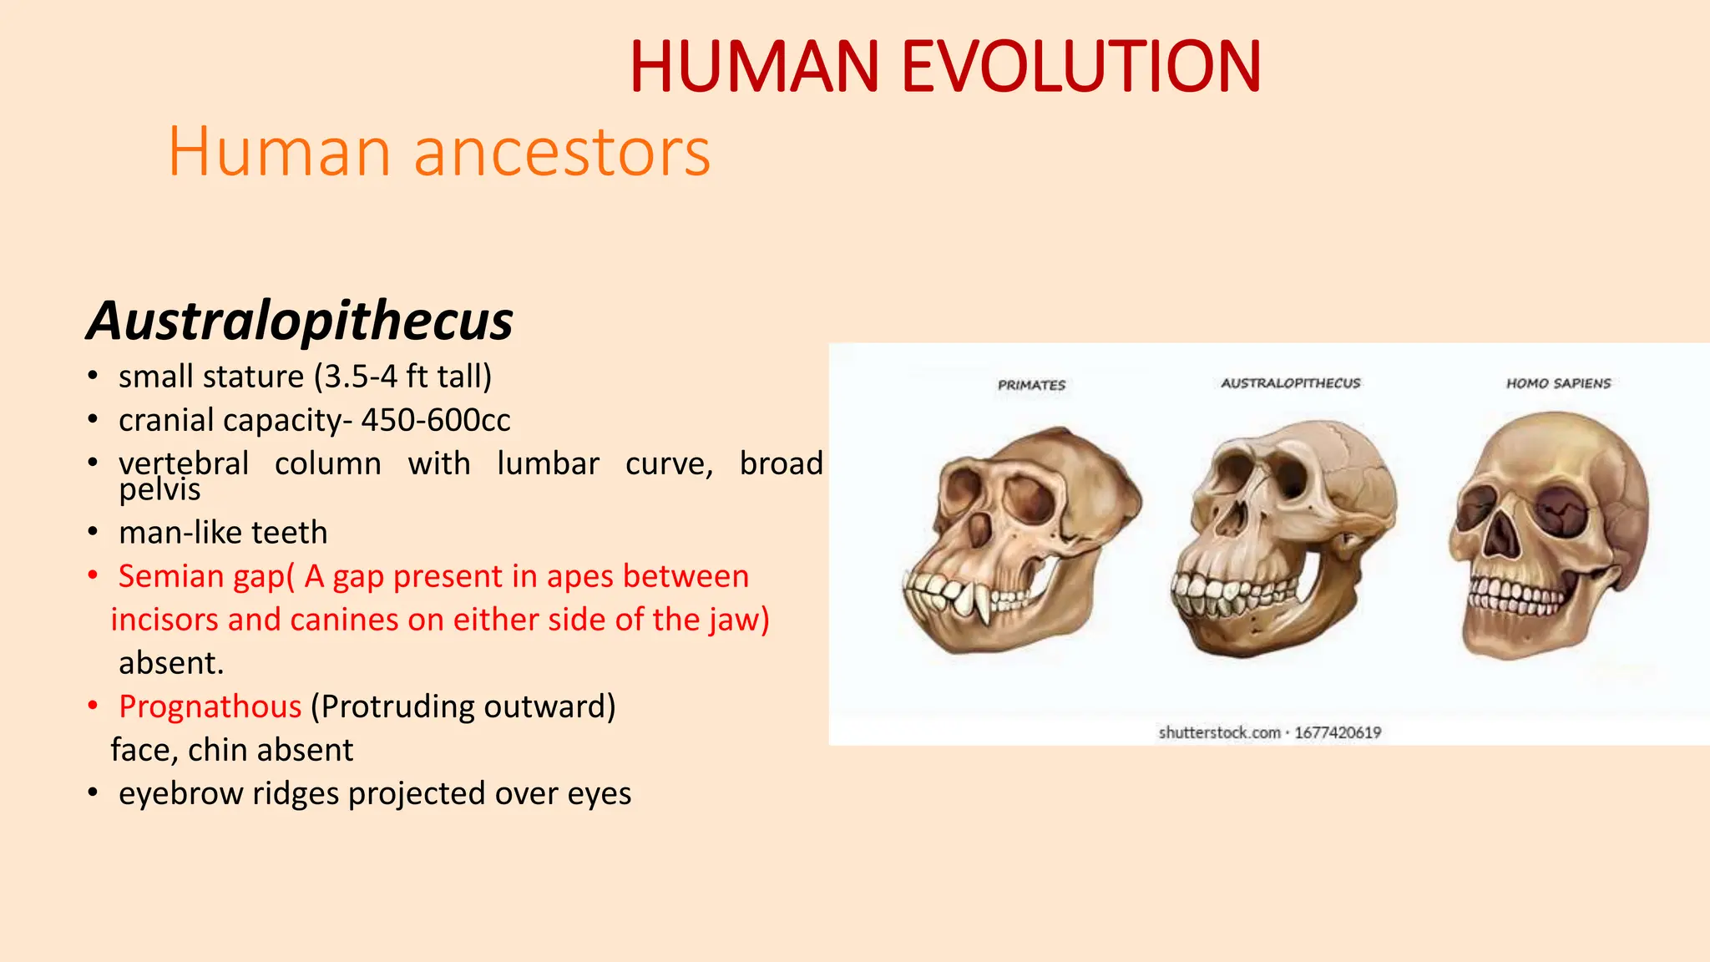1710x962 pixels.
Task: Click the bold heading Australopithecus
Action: coord(300,321)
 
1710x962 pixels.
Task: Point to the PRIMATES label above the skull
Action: coord(1031,385)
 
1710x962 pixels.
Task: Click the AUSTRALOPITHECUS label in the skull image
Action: coord(1290,383)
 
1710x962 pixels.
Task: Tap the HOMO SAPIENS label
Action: coord(1558,383)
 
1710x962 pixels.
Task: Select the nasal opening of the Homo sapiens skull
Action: coord(1500,534)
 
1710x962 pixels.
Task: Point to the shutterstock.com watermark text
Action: coord(1219,732)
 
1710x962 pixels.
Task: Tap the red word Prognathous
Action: coord(210,706)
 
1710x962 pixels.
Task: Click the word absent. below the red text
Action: coord(171,663)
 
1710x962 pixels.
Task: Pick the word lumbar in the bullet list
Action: coord(548,463)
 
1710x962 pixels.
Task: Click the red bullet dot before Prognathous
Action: coord(94,706)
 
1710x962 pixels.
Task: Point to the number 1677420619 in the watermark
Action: coord(1338,732)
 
